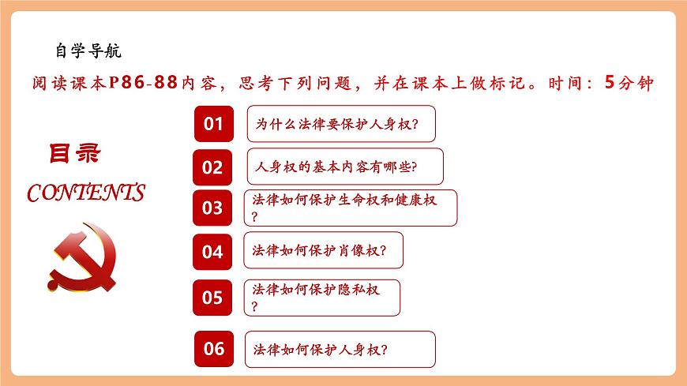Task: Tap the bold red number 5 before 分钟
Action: [608, 82]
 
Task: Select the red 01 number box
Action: [213, 123]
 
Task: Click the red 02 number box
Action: [212, 167]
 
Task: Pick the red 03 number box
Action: [212, 208]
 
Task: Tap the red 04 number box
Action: [212, 252]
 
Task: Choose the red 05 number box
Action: [212, 298]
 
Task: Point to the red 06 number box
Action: [214, 348]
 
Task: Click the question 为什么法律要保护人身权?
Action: [341, 124]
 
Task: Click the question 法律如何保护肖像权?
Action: [323, 250]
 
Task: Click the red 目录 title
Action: [75, 154]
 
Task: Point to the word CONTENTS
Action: [86, 193]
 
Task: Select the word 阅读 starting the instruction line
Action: [48, 83]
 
